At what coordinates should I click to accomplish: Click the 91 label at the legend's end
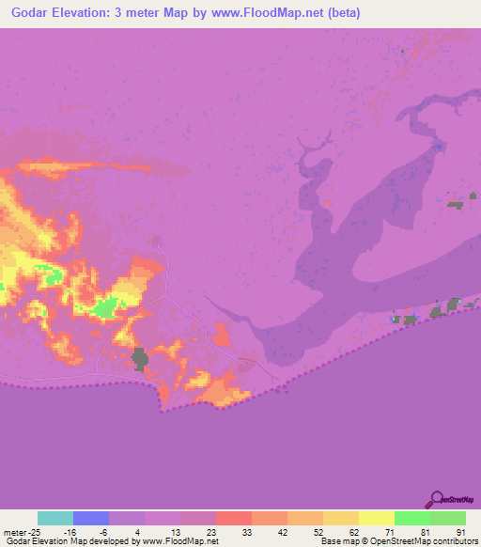click(x=460, y=532)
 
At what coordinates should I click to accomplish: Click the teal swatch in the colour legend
click(x=55, y=518)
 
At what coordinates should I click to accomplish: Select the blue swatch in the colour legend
click(x=91, y=518)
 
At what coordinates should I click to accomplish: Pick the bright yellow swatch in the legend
click(x=377, y=518)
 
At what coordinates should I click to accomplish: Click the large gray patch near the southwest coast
click(x=140, y=358)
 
